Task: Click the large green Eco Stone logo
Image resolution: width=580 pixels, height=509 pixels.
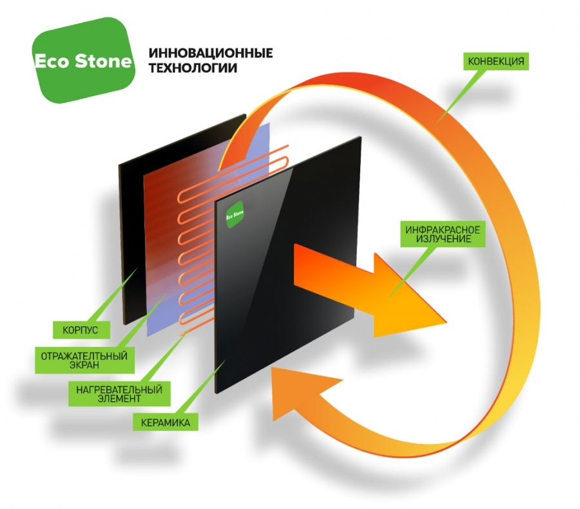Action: point(83,61)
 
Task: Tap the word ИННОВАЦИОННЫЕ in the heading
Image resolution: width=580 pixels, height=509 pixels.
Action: point(211,54)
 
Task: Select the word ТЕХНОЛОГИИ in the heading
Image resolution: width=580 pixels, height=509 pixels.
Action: point(193,68)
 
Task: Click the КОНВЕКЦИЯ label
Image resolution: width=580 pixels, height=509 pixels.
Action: point(496,61)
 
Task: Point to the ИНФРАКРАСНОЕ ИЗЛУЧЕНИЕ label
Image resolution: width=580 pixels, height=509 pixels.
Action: point(442,234)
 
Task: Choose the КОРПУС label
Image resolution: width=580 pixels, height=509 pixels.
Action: point(81,330)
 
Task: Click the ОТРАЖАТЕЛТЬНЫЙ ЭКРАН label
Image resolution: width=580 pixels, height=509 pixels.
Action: point(84,360)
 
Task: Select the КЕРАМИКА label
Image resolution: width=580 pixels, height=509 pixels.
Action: point(166,423)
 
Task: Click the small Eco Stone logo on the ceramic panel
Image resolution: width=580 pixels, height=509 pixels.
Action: point(235,215)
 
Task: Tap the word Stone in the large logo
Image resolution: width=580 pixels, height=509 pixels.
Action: point(103,61)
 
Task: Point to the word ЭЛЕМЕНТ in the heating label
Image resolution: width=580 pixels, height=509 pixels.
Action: point(119,399)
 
